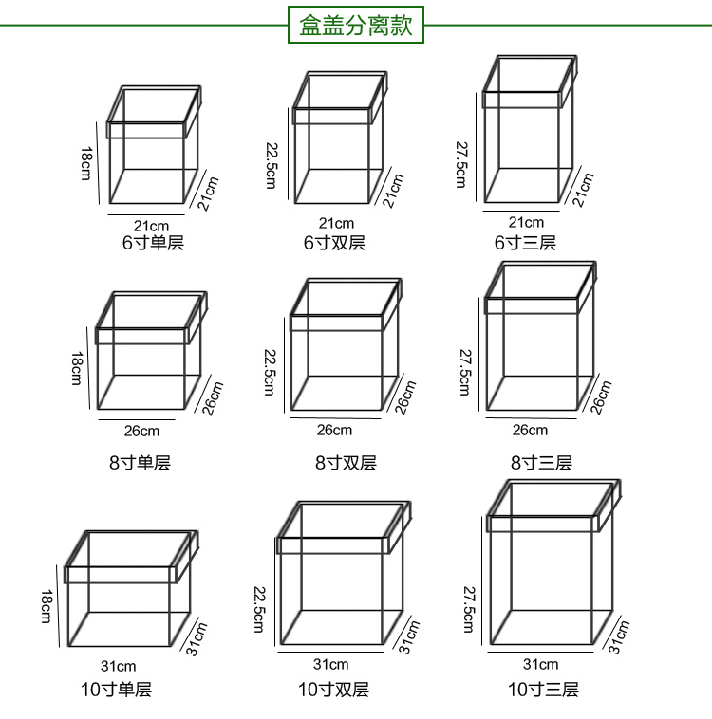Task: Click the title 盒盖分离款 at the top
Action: click(x=356, y=25)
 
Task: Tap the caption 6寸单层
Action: click(x=152, y=242)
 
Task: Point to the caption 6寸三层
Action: click(x=525, y=242)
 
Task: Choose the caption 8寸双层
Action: click(x=346, y=463)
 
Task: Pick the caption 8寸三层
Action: click(x=541, y=463)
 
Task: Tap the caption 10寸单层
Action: click(x=116, y=690)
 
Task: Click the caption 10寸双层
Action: click(x=333, y=690)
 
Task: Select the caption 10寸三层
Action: click(x=543, y=690)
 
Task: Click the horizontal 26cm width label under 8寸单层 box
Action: click(x=142, y=432)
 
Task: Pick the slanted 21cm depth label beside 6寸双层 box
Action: click(x=392, y=190)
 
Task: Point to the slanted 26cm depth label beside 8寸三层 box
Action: click(x=600, y=397)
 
